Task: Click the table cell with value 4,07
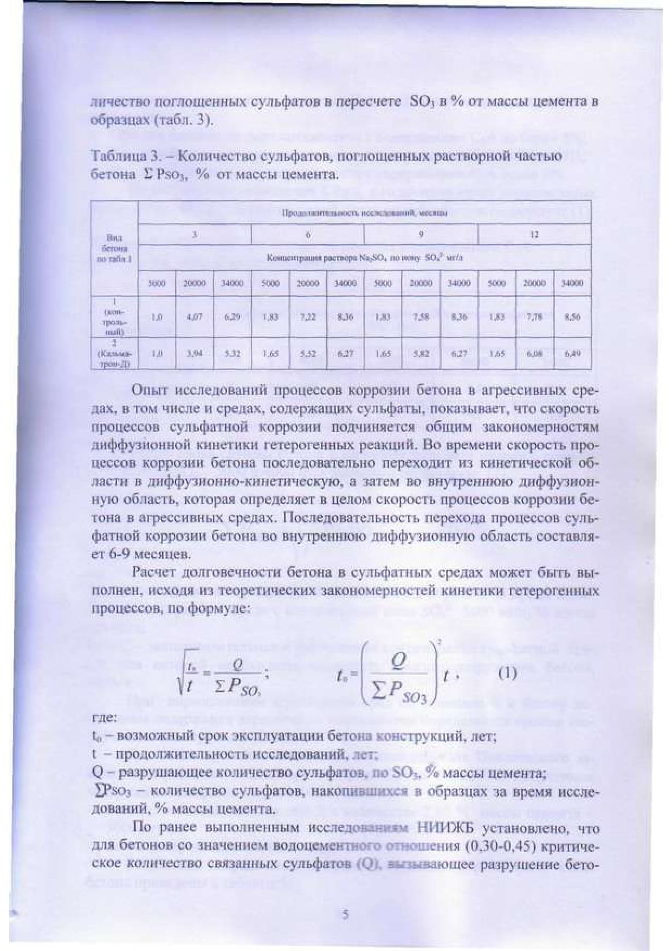click(195, 317)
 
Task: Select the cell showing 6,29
click(232, 317)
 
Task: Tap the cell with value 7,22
click(307, 317)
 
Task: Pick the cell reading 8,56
click(572, 317)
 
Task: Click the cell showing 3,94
click(195, 353)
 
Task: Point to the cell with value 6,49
click(572, 353)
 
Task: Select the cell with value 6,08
click(534, 353)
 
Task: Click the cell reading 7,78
click(534, 317)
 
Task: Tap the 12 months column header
click(534, 235)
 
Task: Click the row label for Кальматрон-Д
click(115, 353)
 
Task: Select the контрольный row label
click(115, 317)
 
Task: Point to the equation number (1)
click(507, 674)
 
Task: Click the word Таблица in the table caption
click(115, 157)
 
